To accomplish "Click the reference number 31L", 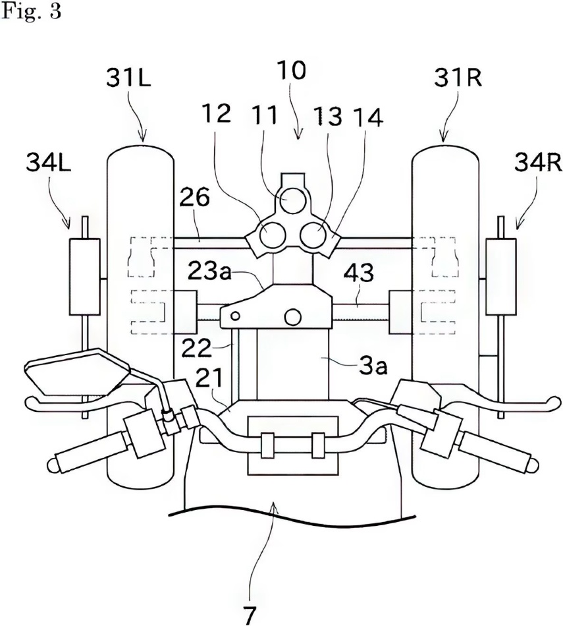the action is tap(128, 78).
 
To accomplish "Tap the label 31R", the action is tap(458, 78).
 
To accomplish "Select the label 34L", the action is tap(48, 163).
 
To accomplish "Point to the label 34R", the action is tap(538, 163).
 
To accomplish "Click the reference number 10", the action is tap(293, 71).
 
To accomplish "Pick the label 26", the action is tap(194, 197).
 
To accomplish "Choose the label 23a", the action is tap(209, 272).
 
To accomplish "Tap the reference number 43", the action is tap(359, 273).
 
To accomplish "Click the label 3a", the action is tap(373, 366).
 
